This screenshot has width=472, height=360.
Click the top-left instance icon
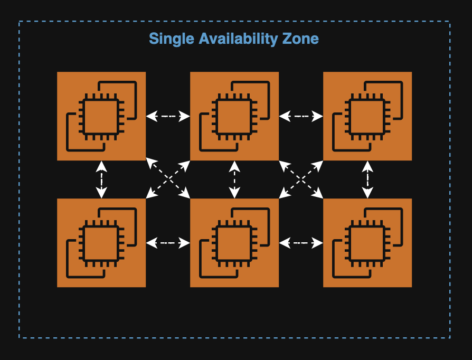tap(101, 116)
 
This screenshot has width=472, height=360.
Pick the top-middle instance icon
tap(234, 116)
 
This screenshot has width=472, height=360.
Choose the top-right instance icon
tap(367, 116)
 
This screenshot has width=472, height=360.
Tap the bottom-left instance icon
tap(101, 243)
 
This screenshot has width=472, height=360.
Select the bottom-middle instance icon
tap(234, 243)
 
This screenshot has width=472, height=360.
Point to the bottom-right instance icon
tap(367, 243)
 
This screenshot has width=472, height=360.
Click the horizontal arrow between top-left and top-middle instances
tap(168, 116)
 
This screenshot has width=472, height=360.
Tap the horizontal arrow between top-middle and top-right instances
tap(301, 116)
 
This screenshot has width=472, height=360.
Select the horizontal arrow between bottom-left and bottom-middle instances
tap(168, 243)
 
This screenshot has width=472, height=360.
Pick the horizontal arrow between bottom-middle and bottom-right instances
tap(301, 243)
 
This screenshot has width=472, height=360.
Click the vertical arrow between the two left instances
tap(101, 179)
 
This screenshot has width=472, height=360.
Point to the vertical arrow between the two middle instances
tap(234, 179)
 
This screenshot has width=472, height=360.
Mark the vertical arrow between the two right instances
tap(367, 179)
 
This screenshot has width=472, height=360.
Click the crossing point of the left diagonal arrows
tap(168, 179)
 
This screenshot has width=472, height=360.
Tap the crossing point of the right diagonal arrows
tap(301, 179)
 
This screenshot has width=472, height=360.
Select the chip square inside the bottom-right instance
tap(366, 243)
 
